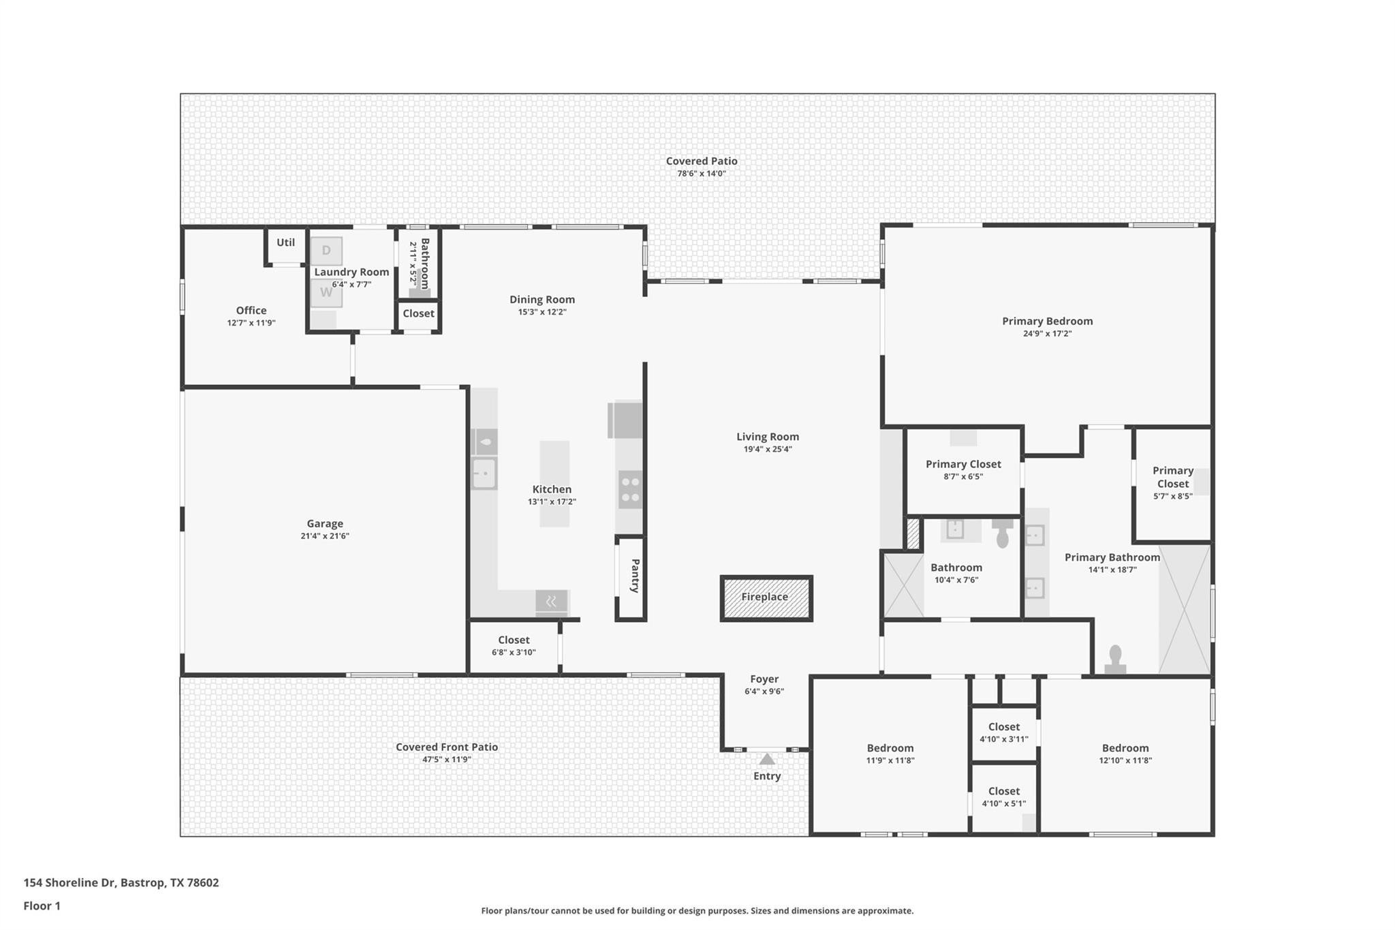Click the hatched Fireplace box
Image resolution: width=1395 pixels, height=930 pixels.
pos(766,598)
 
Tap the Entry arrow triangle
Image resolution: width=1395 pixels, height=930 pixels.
pos(767,759)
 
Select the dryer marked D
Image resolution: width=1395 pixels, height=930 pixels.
pos(326,251)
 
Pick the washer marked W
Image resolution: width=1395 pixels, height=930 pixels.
pos(326,293)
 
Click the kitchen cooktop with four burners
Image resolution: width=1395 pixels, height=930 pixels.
pos(631,490)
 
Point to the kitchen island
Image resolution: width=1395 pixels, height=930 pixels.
pos(554,484)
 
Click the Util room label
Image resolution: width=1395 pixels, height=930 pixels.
pos(285,243)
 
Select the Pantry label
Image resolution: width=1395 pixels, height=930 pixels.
pos(635,576)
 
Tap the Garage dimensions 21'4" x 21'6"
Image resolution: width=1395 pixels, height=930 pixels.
pos(325,536)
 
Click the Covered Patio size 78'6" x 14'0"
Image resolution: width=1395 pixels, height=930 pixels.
pos(702,174)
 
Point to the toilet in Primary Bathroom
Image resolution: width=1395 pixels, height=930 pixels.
pos(1115,660)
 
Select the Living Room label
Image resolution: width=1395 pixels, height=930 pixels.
pos(768,437)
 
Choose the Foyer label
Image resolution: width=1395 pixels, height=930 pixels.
pos(764,679)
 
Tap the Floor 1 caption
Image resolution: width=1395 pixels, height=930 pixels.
pos(42,906)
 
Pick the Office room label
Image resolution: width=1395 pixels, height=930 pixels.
pos(251,311)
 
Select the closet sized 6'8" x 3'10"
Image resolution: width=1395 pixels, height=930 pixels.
pos(514,646)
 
